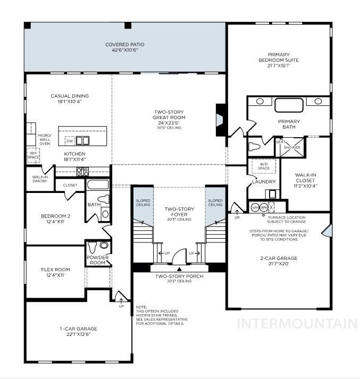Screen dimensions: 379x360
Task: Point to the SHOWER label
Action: click(x=291, y=147)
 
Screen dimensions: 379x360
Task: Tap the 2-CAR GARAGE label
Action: click(x=278, y=261)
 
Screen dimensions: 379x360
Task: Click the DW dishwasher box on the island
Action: click(x=70, y=141)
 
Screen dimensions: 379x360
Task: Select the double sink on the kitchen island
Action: click(x=82, y=141)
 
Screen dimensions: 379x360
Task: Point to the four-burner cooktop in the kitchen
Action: click(x=82, y=171)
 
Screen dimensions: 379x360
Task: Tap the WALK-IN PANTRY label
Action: click(x=40, y=179)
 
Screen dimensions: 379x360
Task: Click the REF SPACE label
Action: click(x=33, y=154)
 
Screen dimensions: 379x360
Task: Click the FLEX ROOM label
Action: click(x=55, y=272)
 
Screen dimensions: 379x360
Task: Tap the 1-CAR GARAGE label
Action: click(x=78, y=332)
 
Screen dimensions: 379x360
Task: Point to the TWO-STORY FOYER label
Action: click(x=178, y=212)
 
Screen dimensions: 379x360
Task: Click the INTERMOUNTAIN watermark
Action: click(x=297, y=324)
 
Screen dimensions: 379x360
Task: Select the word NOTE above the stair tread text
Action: click(x=141, y=307)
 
